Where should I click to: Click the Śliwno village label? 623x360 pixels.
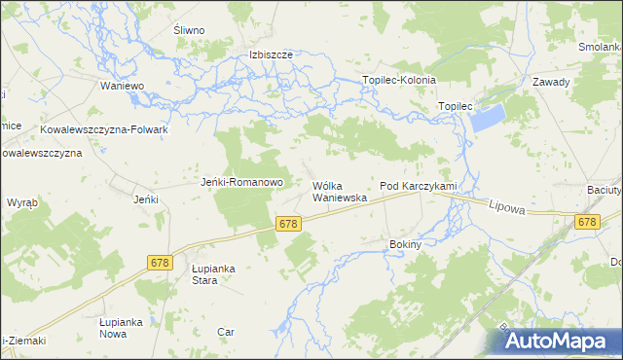click(x=189, y=30)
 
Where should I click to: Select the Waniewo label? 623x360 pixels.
click(x=123, y=86)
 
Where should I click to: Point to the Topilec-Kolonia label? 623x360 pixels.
click(x=399, y=80)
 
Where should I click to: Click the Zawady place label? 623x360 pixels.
click(x=550, y=82)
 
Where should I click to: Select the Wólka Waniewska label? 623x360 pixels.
click(x=339, y=191)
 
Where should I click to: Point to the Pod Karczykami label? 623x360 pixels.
click(x=418, y=185)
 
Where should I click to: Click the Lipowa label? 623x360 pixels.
click(x=507, y=206)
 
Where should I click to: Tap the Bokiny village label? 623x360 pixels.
click(x=404, y=245)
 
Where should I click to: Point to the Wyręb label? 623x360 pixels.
click(x=22, y=202)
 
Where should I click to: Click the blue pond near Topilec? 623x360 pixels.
click(x=488, y=119)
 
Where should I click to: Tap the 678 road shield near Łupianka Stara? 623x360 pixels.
click(x=162, y=263)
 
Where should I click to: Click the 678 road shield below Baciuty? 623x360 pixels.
click(x=585, y=223)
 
